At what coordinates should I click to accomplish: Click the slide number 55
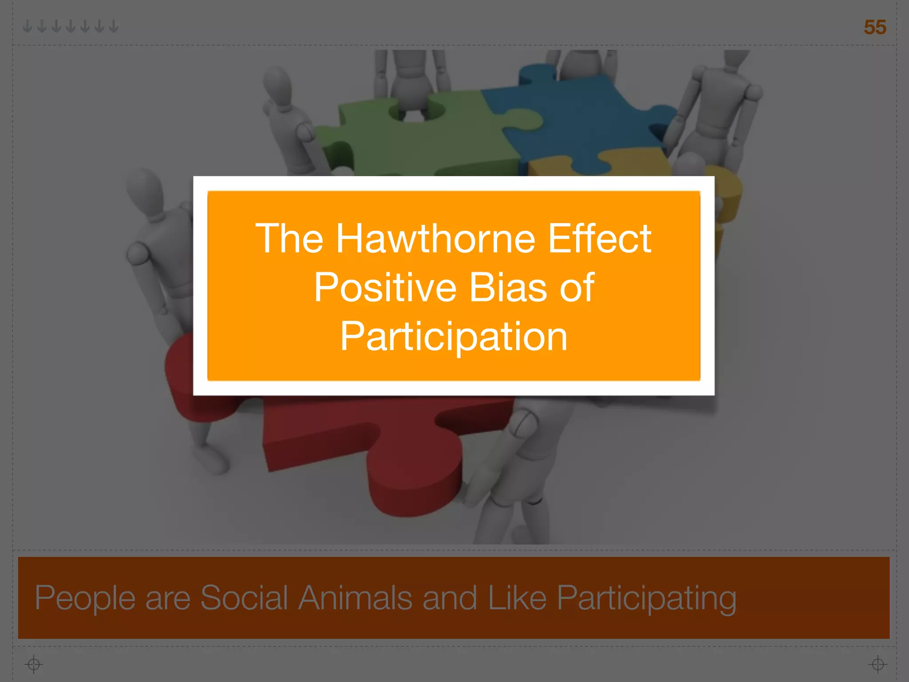click(x=874, y=28)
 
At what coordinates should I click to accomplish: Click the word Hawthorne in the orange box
click(x=435, y=239)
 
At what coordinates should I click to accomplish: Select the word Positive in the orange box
click(x=385, y=288)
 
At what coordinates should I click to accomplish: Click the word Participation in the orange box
click(x=454, y=337)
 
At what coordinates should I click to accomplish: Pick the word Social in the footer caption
click(x=244, y=598)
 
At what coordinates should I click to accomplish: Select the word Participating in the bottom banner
click(x=646, y=599)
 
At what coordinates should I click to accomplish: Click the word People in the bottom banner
click(x=85, y=599)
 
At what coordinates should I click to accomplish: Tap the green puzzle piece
click(x=422, y=142)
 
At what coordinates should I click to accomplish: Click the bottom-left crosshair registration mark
click(x=34, y=664)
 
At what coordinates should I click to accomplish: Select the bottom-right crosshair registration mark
click(x=877, y=664)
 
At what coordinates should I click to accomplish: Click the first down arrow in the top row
click(x=28, y=26)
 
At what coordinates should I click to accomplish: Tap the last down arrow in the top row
click(x=114, y=26)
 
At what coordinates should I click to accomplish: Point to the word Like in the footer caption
click(x=517, y=598)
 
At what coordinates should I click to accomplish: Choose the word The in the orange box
click(x=289, y=239)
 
